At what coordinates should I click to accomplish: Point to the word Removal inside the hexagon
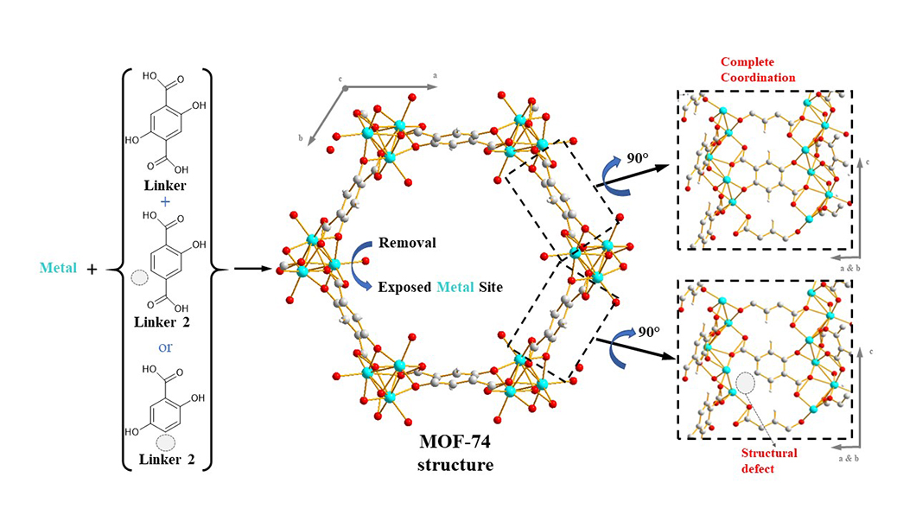(406, 243)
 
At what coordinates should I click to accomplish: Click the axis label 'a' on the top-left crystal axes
(435, 76)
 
